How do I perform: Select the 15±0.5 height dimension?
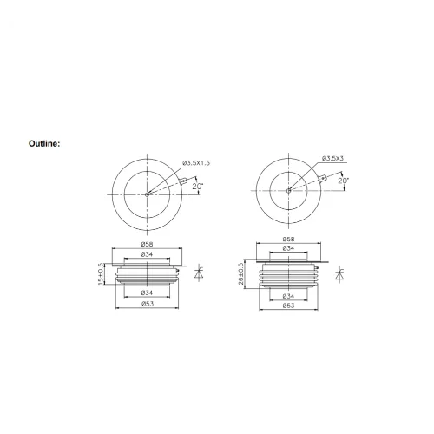point(100,276)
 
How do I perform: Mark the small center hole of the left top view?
point(147,194)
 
